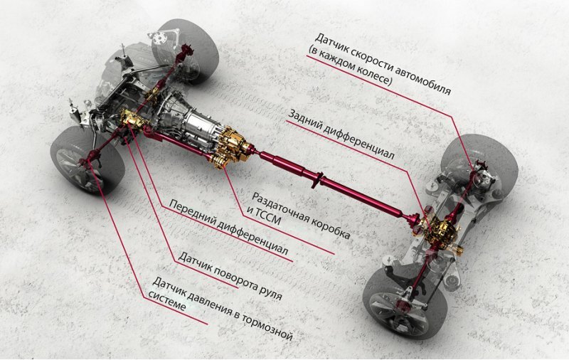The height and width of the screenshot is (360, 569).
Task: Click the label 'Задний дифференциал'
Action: (x=341, y=134)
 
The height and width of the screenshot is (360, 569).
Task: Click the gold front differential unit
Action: (x=134, y=120)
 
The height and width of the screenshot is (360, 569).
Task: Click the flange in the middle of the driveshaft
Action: (x=317, y=179)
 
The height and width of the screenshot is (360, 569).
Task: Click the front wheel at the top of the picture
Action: (x=186, y=51)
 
